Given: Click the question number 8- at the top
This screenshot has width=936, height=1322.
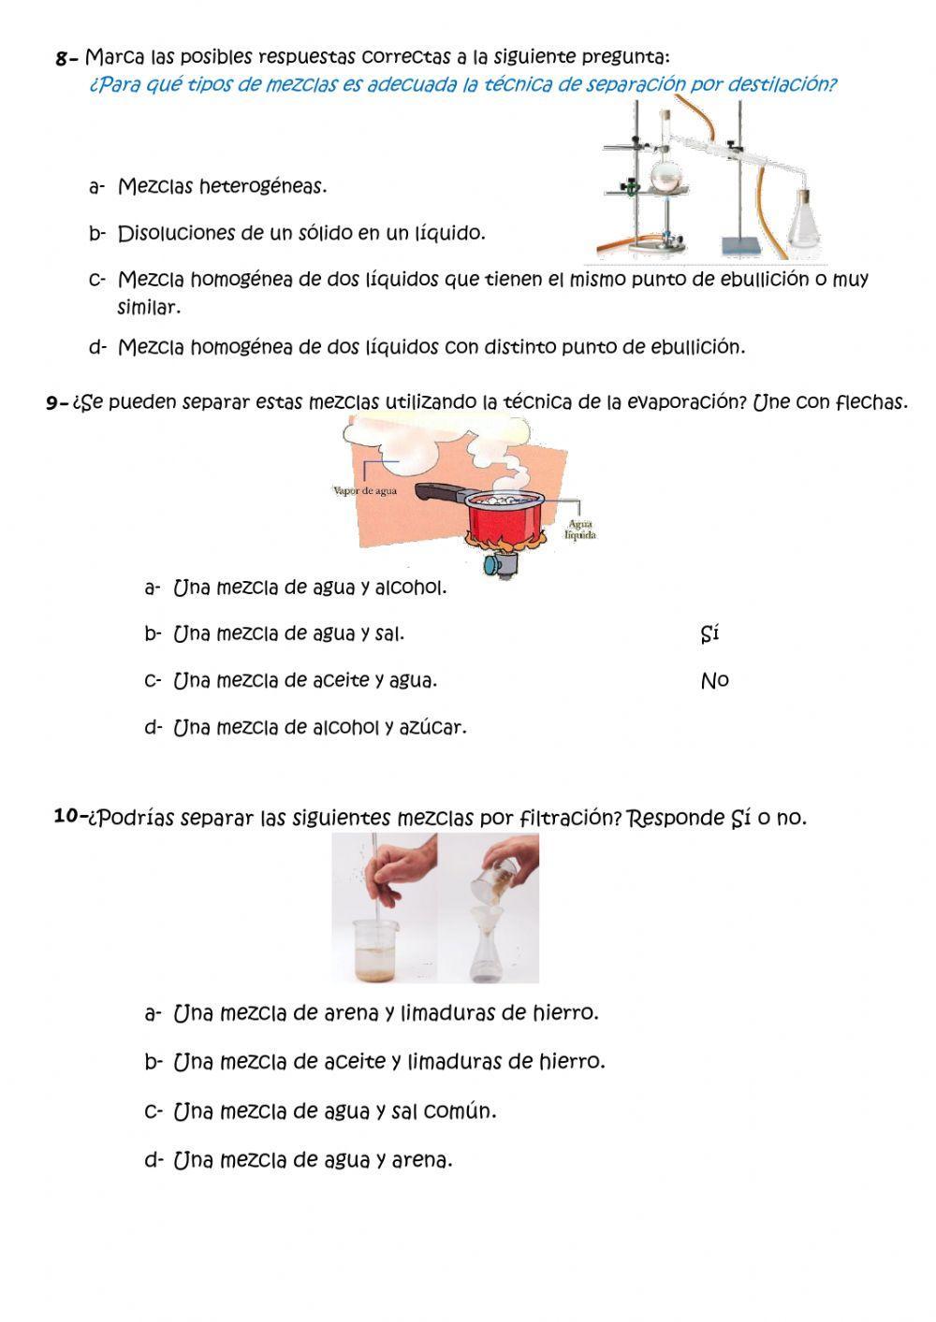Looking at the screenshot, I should pos(66,59).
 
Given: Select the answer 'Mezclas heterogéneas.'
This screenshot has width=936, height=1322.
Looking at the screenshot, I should pos(222,187).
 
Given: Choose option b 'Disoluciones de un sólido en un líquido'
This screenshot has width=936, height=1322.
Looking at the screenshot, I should pos(300,234).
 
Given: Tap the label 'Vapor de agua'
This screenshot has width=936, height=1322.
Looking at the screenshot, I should pos(365,490).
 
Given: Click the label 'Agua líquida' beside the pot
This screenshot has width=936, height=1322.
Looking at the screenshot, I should pos(580,530).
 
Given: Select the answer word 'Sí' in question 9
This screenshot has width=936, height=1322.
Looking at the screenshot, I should pos(709,634).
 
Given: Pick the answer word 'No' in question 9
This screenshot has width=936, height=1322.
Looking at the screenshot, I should pos(714,681).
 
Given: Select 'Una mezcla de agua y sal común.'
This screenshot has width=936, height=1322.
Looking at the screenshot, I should pos(334,1111).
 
